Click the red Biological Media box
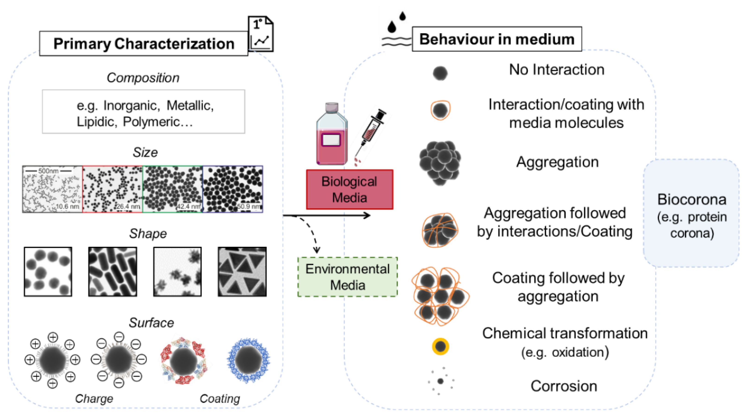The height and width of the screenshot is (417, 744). [x=350, y=189]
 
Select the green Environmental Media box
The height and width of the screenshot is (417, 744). [x=347, y=277]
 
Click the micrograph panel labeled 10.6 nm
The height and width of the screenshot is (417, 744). [x=52, y=189]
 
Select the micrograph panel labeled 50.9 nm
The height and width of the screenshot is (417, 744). [x=233, y=189]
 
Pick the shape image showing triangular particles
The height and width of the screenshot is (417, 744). [x=242, y=272]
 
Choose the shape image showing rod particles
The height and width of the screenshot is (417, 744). [x=113, y=272]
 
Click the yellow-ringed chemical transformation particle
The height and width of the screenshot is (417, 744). [x=440, y=346]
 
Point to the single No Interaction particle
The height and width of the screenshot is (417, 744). [x=440, y=73]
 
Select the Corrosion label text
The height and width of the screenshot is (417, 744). [x=563, y=386]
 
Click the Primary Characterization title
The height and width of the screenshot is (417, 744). [x=143, y=44]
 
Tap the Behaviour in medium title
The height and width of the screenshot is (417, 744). [x=497, y=39]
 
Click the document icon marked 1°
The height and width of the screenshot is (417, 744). [x=261, y=34]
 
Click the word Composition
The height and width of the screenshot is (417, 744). [x=143, y=78]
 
